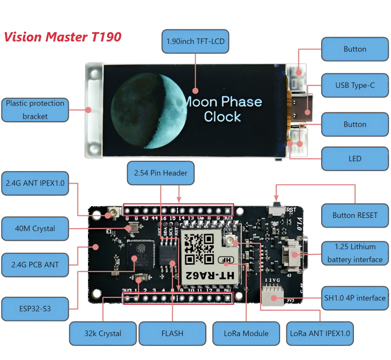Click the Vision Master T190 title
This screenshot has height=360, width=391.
[63, 37]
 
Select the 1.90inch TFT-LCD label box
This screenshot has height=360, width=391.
[195, 42]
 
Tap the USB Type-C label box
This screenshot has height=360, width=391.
[355, 85]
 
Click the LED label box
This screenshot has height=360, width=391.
[355, 158]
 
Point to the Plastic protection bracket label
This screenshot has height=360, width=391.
[35, 109]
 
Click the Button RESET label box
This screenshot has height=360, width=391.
[355, 215]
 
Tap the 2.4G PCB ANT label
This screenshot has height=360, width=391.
[35, 265]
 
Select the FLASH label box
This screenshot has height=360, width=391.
[172, 333]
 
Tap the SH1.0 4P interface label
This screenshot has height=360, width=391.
[355, 297]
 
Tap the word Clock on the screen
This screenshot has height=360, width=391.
[222, 117]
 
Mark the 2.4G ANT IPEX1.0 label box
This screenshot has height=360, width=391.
[35, 184]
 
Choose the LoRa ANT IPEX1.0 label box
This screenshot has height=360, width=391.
[320, 333]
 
